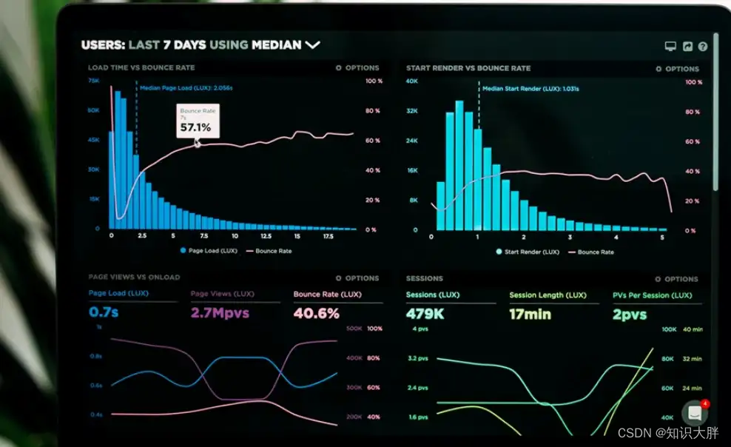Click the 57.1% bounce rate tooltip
coord(196,121)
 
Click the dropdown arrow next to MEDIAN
coord(312,45)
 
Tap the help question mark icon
coord(703,47)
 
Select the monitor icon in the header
coord(670,47)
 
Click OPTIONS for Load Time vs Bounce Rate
coord(357,68)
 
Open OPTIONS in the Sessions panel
coord(676,279)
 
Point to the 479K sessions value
coord(425,314)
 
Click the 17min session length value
coord(530,314)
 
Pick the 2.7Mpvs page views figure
coord(220,313)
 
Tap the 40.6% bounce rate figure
coord(316,313)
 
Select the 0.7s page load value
coord(104,313)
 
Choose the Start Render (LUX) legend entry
coord(527,252)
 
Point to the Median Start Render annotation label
coord(530,89)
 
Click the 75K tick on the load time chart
coord(93,80)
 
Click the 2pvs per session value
coord(629,314)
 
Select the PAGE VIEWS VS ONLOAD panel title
coord(134,278)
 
